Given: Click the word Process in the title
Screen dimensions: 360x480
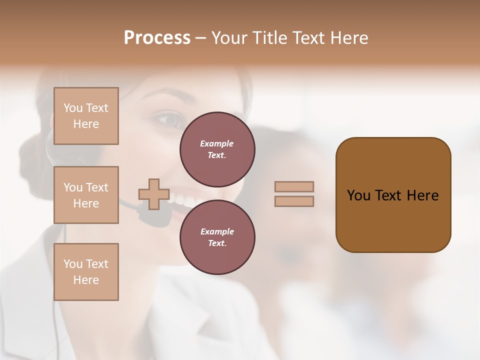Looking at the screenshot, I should click(x=157, y=38).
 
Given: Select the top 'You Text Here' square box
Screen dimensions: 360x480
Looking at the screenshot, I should click(x=86, y=116).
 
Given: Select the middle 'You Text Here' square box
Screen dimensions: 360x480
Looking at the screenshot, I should click(x=86, y=195).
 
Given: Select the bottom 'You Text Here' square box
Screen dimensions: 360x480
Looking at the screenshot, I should click(x=86, y=271).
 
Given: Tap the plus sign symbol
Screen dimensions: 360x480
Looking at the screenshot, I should click(x=154, y=194).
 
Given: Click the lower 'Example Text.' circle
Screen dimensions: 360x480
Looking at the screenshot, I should click(x=217, y=237).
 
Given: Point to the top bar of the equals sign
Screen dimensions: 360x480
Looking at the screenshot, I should click(x=294, y=186).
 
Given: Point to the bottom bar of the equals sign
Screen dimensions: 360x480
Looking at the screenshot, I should click(x=294, y=201).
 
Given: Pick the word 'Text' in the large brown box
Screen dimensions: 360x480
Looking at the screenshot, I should click(x=388, y=195).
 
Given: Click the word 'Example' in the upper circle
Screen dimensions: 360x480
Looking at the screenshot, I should click(x=217, y=143).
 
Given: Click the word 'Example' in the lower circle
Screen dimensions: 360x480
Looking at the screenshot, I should click(x=217, y=231).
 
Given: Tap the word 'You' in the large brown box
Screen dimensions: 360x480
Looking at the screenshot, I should click(x=358, y=195).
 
